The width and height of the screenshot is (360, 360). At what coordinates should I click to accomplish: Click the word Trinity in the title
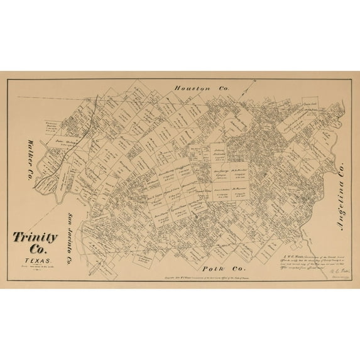[35, 238]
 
